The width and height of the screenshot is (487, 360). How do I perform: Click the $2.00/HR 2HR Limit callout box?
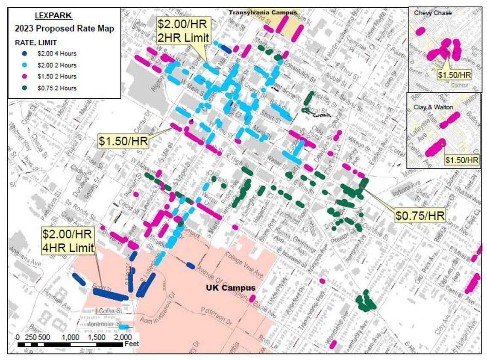[184, 30]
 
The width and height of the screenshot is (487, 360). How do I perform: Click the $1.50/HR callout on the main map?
[123, 141]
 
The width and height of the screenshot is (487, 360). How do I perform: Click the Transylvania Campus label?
[262, 12]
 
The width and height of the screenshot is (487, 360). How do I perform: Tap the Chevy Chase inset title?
[427, 13]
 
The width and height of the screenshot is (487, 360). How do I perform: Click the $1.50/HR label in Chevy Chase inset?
[455, 75]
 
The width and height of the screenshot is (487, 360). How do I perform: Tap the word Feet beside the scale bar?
[132, 343]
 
